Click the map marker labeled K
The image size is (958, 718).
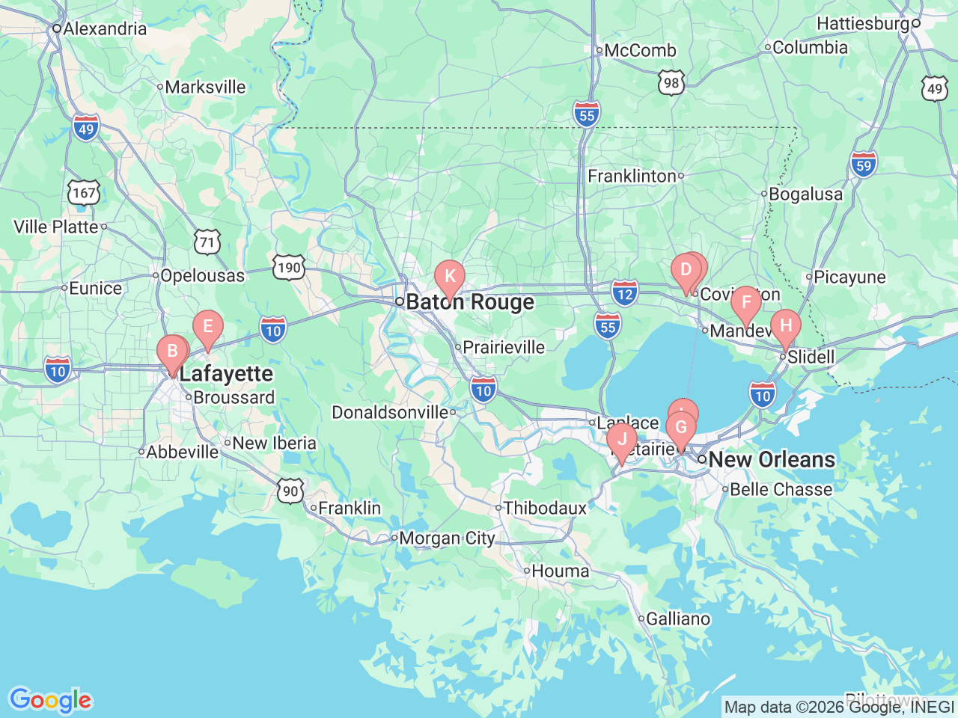point(450,276)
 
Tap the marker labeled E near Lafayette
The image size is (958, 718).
point(208,327)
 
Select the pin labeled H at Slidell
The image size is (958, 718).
point(786,325)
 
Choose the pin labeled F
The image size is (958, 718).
point(746,303)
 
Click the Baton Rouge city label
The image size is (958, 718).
point(470,302)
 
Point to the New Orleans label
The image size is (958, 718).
point(771,459)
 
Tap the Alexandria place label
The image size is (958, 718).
point(105,29)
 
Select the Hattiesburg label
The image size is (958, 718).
point(863,24)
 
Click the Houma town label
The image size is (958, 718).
point(560,571)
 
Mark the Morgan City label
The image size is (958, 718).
point(447,538)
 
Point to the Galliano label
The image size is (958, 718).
point(678,619)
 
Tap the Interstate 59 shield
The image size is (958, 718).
point(864,164)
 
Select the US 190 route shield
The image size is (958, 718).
point(289,268)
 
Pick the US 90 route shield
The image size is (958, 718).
point(290,491)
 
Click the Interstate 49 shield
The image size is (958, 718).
point(86,128)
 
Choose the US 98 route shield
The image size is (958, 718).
point(671,82)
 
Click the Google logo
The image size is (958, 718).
point(50,701)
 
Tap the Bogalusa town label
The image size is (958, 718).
point(805,194)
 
